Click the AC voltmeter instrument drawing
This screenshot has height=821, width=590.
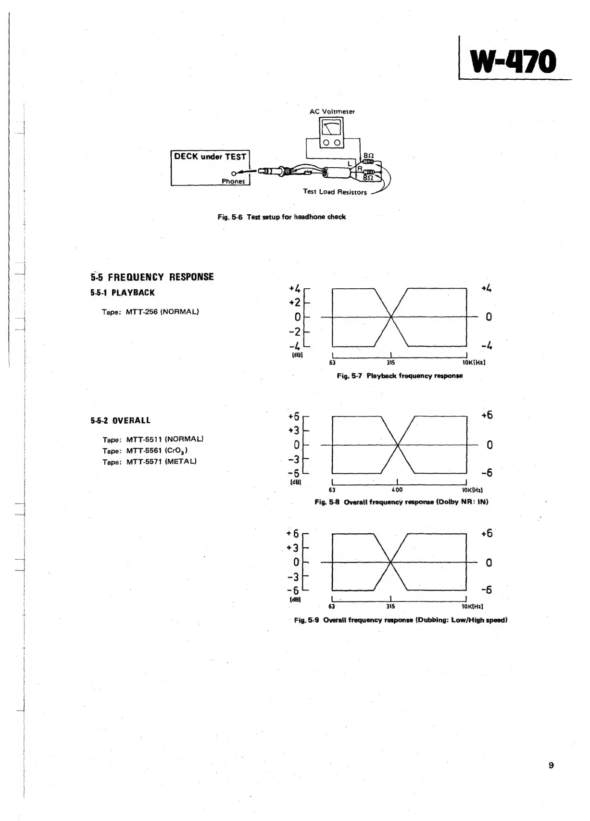[332, 133]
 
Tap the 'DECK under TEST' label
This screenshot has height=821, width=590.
[210, 157]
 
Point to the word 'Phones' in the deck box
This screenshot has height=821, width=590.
[233, 181]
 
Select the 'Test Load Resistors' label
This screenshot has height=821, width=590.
[335, 192]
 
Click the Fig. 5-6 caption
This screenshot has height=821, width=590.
[281, 217]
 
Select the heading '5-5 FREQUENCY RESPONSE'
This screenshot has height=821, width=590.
[152, 277]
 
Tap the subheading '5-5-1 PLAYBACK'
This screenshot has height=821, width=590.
[123, 293]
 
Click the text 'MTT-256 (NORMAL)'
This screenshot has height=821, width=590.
[162, 311]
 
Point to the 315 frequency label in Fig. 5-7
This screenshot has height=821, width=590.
[391, 363]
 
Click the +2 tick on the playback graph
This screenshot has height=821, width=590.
[294, 303]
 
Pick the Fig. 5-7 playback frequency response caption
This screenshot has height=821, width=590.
[400, 376]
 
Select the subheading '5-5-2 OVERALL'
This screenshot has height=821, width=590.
[120, 420]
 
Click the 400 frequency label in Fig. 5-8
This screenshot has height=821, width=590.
[397, 490]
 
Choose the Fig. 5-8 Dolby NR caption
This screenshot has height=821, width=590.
[401, 502]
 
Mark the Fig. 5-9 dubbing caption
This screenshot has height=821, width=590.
[401, 620]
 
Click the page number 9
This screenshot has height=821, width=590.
[551, 765]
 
